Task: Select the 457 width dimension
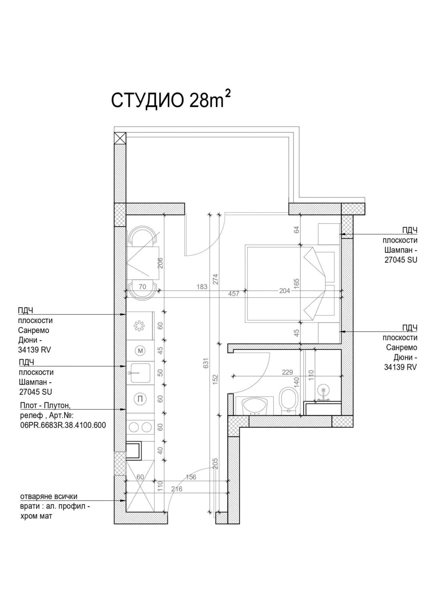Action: [234, 294]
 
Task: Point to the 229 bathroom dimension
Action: [287, 372]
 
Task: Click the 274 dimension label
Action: [215, 279]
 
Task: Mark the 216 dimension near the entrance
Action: [177, 489]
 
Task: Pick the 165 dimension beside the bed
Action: [297, 283]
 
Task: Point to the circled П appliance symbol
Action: [140, 399]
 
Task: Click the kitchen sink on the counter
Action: [139, 373]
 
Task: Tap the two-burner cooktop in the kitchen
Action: [140, 426]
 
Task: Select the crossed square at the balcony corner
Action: [120, 138]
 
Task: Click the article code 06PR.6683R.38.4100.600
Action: [63, 425]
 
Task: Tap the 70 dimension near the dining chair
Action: [142, 286]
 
